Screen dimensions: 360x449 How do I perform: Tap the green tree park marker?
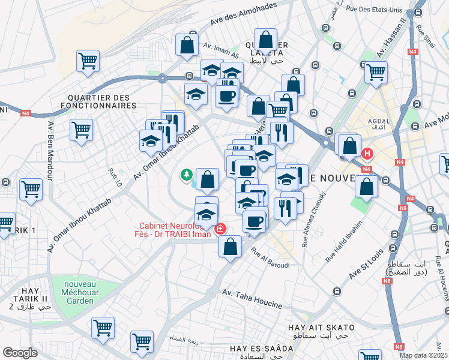click(x=187, y=175)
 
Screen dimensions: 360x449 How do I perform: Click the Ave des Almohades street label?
click(x=243, y=15)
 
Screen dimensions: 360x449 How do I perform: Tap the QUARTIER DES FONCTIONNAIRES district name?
click(x=98, y=101)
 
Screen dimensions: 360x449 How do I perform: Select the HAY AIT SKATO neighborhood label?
click(x=321, y=328)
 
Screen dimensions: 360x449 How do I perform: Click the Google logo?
click(x=20, y=353)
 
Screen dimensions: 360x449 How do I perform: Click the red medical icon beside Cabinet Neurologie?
click(x=220, y=229)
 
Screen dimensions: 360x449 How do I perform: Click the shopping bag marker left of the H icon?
click(x=349, y=146)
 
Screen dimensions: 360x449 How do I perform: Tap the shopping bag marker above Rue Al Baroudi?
click(x=230, y=246)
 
